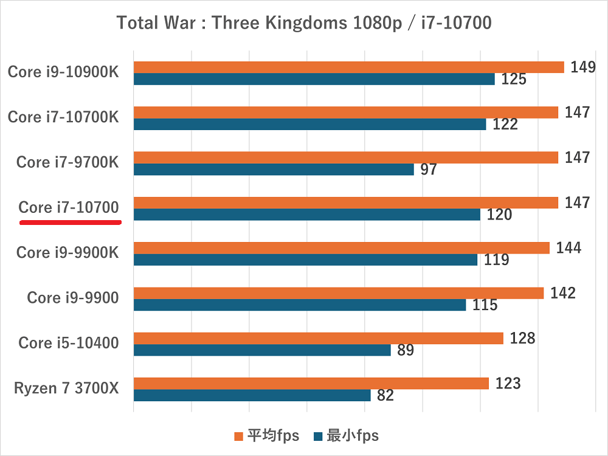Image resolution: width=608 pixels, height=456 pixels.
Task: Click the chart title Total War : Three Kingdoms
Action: point(304,23)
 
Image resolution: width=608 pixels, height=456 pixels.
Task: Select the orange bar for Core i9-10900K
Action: point(348,67)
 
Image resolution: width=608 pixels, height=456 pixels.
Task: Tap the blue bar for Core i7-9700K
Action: point(274,169)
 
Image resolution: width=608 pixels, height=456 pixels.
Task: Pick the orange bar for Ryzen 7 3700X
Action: point(311,383)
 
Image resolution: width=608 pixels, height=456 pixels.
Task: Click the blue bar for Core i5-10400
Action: point(262,350)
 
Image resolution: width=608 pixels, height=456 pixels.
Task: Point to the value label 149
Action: point(582,67)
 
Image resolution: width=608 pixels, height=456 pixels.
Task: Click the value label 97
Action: point(429,170)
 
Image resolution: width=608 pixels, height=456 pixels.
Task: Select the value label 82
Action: point(385,396)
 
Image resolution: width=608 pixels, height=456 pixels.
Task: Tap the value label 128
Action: point(523,338)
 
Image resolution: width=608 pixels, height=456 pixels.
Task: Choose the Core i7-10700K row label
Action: point(63,117)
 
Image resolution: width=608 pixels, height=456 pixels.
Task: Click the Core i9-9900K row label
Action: point(67,252)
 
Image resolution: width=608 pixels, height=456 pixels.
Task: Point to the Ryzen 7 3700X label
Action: point(66,389)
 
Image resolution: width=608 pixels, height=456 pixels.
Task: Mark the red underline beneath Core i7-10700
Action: point(71,223)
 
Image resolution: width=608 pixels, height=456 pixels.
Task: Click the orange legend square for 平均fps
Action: point(239,436)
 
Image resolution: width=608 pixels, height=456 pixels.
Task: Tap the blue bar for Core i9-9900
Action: point(300,305)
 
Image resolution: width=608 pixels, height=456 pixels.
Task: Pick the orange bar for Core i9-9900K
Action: point(341,247)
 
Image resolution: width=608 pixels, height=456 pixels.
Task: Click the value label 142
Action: point(563,293)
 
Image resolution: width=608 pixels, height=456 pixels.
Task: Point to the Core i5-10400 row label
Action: point(68,343)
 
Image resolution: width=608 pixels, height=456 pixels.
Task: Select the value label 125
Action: point(513,79)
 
